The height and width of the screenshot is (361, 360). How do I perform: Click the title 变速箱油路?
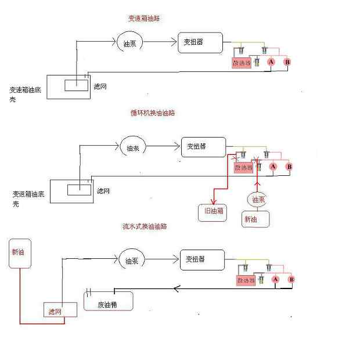click(143, 19)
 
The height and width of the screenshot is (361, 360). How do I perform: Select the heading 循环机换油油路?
click(153, 113)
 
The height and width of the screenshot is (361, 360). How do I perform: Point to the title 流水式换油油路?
click(145, 226)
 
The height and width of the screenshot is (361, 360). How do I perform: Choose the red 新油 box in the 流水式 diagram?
click(19, 253)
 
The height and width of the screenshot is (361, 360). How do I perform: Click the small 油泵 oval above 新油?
click(258, 200)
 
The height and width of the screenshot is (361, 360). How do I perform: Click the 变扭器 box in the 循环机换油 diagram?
click(202, 146)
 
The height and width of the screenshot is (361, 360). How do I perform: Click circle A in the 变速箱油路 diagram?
click(271, 62)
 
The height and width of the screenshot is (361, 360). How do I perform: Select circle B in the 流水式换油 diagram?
click(292, 279)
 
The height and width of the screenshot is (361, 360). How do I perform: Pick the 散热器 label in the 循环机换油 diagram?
click(243, 168)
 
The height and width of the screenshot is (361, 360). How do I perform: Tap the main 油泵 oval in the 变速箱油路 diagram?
click(128, 43)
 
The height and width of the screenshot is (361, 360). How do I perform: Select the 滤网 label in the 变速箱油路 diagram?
click(100, 86)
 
